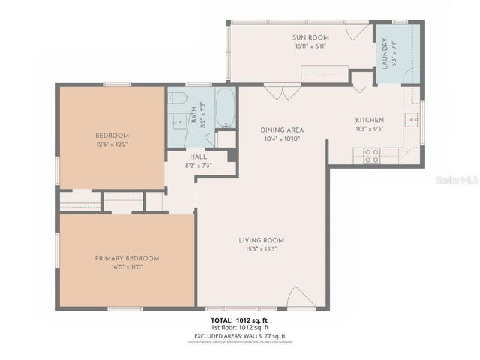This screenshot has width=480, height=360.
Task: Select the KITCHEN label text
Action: (369, 120)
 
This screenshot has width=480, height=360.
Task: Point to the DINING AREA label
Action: (282, 130)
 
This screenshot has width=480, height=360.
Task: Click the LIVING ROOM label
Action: (262, 240)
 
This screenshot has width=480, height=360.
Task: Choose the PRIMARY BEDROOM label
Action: (127, 258)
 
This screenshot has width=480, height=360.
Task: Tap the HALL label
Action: (198, 156)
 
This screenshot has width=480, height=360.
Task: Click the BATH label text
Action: (194, 117)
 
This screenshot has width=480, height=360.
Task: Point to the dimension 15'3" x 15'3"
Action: (262, 249)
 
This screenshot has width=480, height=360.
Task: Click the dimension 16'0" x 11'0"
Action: (127, 267)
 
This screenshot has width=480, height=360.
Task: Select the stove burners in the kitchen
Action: (371, 156)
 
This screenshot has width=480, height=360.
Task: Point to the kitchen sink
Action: (411, 118)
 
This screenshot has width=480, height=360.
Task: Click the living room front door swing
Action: (297, 298)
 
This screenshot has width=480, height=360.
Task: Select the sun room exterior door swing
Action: (358, 31)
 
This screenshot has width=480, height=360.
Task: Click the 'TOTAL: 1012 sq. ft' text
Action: (239, 320)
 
